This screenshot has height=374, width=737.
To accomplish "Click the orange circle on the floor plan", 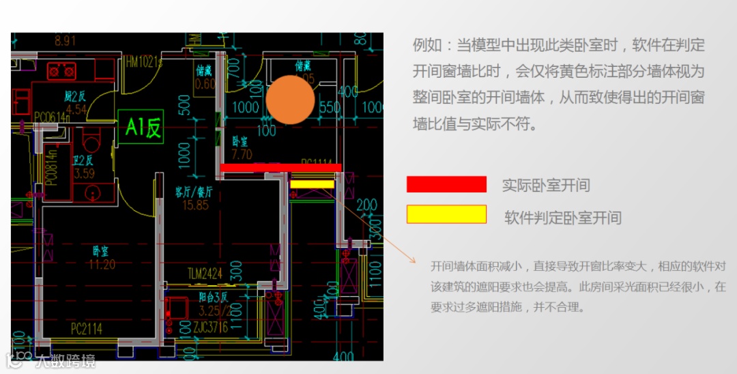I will coord(290,100).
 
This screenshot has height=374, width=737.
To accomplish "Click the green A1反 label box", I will coord(144,127).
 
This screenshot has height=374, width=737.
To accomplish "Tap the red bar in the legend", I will coord(446,184).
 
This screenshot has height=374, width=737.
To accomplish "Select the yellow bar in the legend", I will coord(446,214).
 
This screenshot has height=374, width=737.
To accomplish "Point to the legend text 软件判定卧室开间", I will coord(563,218).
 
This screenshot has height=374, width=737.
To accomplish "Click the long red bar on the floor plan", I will coord(280,167).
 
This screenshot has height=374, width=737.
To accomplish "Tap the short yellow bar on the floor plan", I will coord(312,184).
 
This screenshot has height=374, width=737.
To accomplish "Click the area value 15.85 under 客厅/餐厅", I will coord(192,205).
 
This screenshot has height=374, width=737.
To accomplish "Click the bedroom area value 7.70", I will coord(242,155).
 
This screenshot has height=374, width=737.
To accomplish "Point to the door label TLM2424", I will coord(206,274).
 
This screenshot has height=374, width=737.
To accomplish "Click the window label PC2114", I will coord(87,329).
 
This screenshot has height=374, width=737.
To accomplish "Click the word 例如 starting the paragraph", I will coord(424,46).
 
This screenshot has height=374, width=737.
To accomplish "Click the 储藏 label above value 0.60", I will coord(205,71).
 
